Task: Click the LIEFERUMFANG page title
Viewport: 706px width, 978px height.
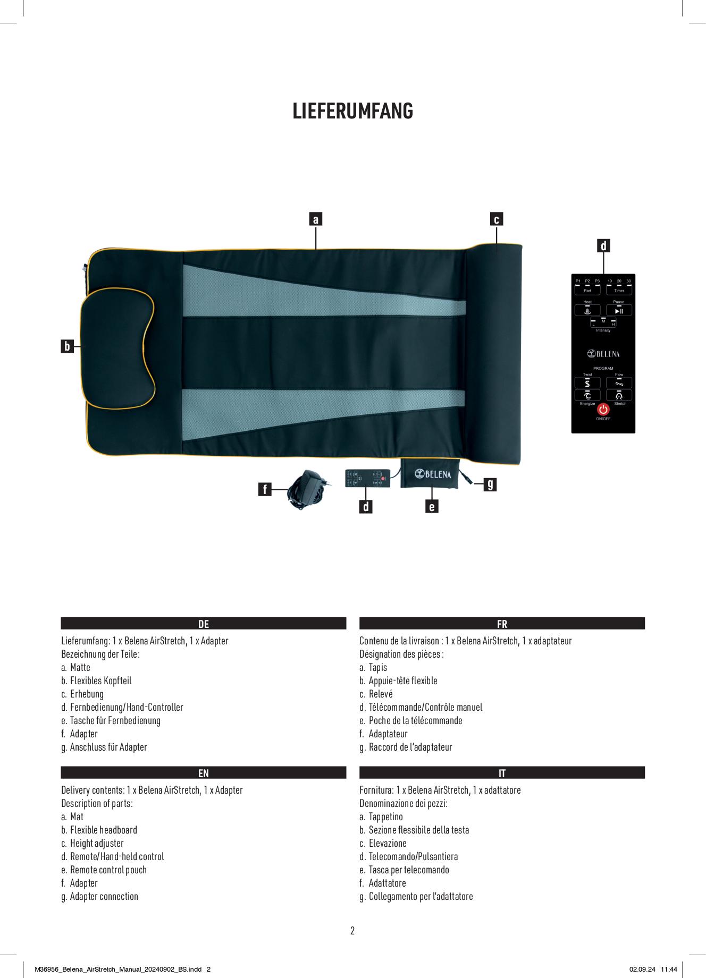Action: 353,111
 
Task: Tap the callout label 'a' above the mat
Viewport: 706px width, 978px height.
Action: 316,219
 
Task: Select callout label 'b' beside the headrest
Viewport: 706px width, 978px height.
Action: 67,346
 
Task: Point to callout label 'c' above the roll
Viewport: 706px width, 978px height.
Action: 497,219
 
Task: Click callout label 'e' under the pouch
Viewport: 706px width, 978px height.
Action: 432,507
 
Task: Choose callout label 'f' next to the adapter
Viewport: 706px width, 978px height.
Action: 264,489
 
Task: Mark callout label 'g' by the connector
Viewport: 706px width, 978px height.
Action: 490,484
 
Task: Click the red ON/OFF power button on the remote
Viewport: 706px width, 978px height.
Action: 603,410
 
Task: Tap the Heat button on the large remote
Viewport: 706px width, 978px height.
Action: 587,310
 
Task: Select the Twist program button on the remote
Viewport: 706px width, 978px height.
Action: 587,382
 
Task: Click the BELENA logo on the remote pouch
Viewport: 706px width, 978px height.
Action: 433,474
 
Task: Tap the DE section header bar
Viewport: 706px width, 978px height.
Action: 204,624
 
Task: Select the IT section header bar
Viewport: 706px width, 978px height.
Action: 502,773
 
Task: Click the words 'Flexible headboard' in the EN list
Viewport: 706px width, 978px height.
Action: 104,830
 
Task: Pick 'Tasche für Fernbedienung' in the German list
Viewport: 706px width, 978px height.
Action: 115,720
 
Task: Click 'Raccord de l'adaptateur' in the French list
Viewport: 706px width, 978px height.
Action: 410,747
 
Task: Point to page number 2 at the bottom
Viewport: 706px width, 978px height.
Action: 352,930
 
